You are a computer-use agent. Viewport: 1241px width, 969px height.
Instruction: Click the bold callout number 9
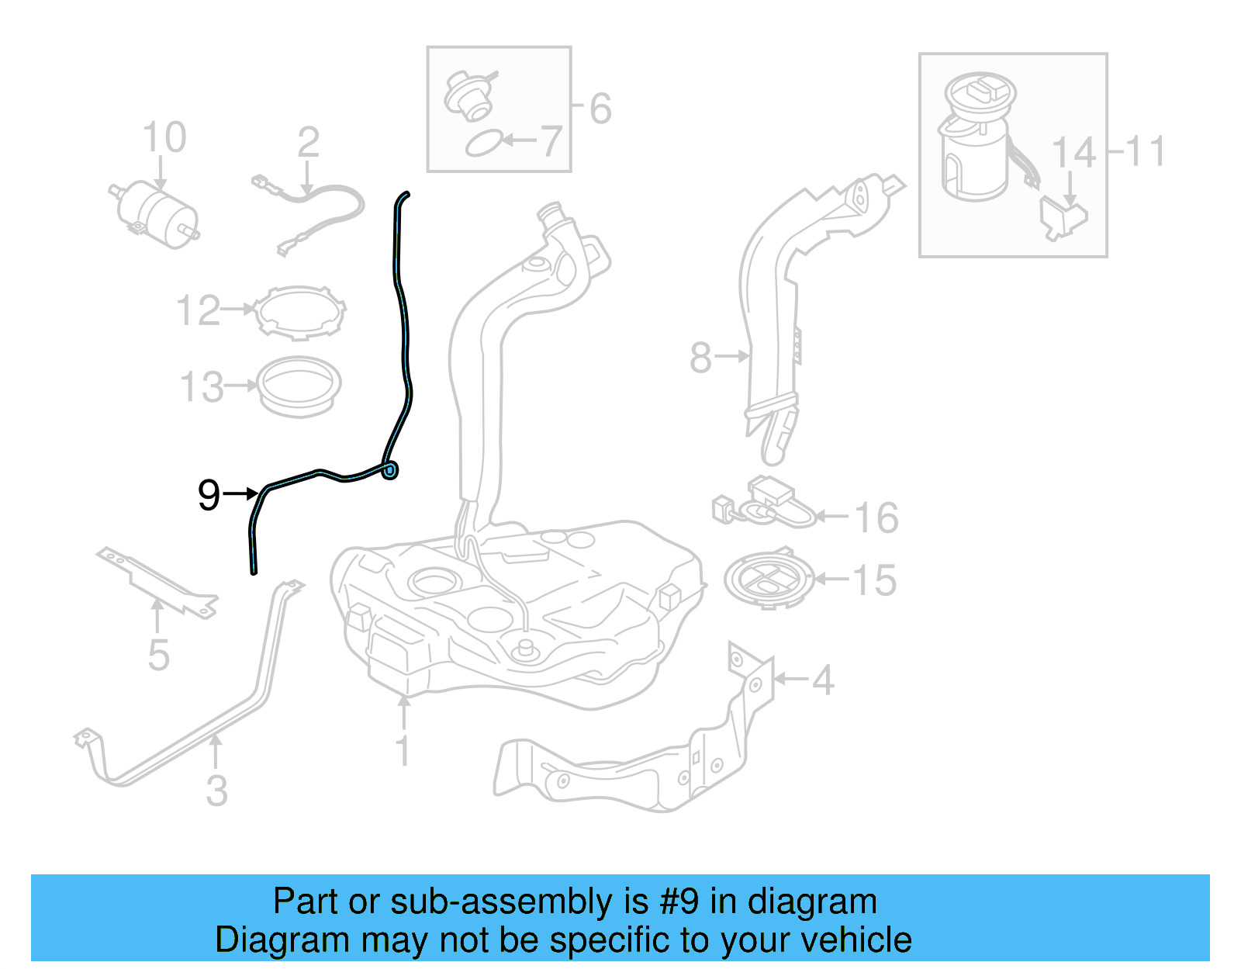click(x=209, y=495)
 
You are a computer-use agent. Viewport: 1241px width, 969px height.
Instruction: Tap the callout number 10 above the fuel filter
click(x=164, y=138)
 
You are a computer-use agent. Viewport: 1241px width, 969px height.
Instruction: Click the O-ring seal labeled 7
click(x=483, y=144)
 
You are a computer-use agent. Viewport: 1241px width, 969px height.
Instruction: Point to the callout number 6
click(x=600, y=109)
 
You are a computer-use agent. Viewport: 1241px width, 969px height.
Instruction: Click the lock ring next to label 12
click(x=301, y=313)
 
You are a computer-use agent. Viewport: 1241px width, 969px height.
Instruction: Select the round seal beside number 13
click(x=299, y=385)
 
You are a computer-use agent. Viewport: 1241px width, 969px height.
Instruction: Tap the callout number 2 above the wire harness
click(x=308, y=143)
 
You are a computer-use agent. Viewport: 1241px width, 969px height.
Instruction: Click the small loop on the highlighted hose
click(x=390, y=469)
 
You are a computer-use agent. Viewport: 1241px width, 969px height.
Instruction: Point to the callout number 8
click(x=700, y=358)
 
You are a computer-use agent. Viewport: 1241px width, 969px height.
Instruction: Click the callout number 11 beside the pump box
click(x=1146, y=151)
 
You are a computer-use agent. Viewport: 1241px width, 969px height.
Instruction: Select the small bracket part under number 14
click(x=1063, y=218)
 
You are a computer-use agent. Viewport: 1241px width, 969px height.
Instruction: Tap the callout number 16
click(x=876, y=517)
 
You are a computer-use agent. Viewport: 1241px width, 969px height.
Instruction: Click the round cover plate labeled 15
click(x=769, y=580)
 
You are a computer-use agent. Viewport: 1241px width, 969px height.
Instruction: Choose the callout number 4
click(x=823, y=680)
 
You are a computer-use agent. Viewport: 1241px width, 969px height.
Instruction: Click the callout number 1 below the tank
click(x=403, y=750)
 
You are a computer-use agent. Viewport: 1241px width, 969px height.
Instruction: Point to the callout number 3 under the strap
click(x=217, y=791)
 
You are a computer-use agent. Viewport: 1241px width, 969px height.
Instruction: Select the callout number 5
click(x=158, y=656)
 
